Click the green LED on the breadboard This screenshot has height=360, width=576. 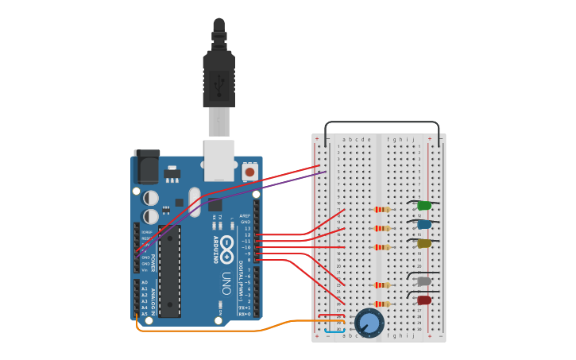(x=424, y=206)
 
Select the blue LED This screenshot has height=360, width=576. (x=424, y=224)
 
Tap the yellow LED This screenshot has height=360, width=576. (x=424, y=244)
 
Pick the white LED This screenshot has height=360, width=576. (x=424, y=281)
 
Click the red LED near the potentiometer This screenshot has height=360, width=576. (x=424, y=300)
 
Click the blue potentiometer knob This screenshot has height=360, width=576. (x=369, y=323)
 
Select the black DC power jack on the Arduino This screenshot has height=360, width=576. (x=147, y=168)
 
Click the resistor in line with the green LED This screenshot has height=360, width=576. (x=382, y=210)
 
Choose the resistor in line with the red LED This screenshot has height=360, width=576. (x=382, y=304)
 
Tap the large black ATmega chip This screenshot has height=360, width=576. (x=169, y=271)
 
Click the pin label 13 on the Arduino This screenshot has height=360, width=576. (x=247, y=229)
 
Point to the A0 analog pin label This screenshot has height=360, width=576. (x=145, y=282)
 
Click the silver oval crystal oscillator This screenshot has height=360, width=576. (x=195, y=203)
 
